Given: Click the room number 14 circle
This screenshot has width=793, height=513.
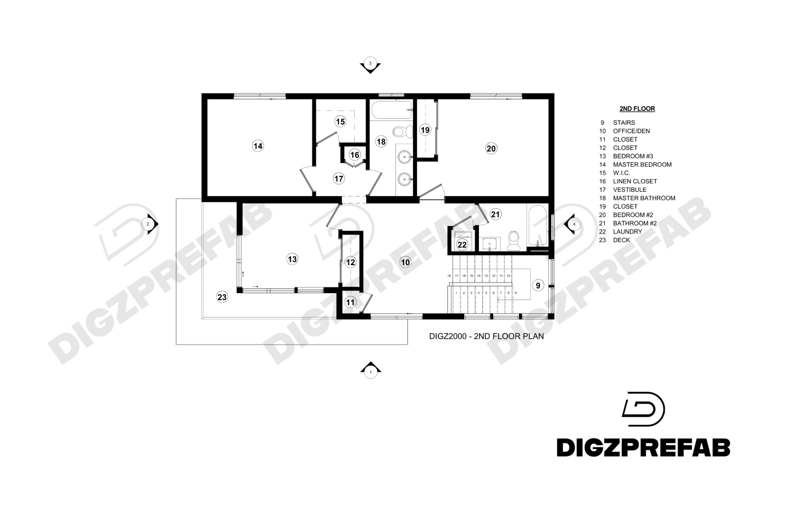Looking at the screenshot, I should (x=257, y=146).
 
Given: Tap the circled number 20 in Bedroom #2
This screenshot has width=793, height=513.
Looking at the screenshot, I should (x=491, y=148).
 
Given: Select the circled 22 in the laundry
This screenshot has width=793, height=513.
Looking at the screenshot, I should (x=462, y=244).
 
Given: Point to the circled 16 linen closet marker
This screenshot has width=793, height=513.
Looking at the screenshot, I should (x=354, y=155).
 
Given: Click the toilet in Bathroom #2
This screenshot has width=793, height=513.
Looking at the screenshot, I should (x=513, y=241).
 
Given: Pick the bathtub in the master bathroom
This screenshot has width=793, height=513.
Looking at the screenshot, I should (x=391, y=110).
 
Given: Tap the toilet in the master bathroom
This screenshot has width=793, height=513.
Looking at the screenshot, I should (x=400, y=130).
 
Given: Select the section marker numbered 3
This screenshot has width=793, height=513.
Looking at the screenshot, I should (x=370, y=64).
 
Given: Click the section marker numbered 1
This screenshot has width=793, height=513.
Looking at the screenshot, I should (x=370, y=371).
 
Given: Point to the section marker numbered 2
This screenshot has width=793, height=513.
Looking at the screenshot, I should (x=149, y=224).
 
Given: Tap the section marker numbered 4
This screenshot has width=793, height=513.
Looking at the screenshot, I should (x=574, y=224).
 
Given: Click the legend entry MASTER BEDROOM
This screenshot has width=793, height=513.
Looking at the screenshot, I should (x=642, y=164).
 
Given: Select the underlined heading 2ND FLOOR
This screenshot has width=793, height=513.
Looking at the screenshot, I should (x=637, y=109).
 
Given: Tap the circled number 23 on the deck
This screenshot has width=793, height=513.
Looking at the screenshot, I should (x=222, y=297).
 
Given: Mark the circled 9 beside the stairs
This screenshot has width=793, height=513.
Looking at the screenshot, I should (x=538, y=285).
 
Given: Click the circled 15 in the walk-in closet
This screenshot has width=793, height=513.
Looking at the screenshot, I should (x=340, y=122).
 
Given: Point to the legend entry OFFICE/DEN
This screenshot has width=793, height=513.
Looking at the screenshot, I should (x=631, y=131).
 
